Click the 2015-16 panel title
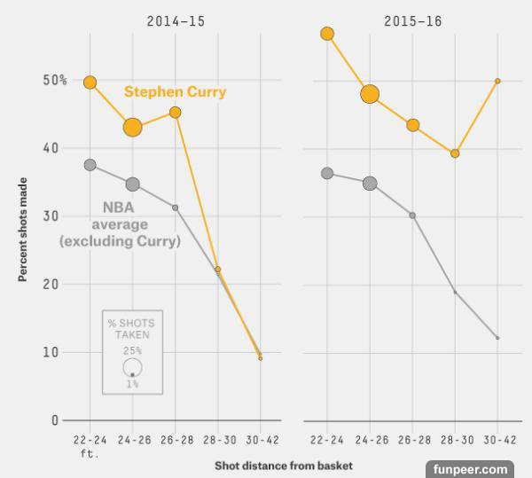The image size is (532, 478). [412, 20]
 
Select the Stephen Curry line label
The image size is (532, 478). [175, 91]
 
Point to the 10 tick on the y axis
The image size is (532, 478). [60, 352]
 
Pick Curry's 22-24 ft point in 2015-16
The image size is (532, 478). [327, 34]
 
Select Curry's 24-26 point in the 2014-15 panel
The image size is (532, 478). [132, 127]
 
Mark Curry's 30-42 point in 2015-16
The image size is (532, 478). [497, 81]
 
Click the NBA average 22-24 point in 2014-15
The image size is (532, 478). [90, 165]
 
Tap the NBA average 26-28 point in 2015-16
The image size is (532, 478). [412, 215]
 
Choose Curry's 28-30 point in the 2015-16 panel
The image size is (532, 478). [455, 153]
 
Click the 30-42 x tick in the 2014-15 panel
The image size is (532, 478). [260, 439]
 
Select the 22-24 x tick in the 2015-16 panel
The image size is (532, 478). [327, 439]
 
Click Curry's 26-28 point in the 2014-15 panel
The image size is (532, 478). [175, 113]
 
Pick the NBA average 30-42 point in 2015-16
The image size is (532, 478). [497, 338]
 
